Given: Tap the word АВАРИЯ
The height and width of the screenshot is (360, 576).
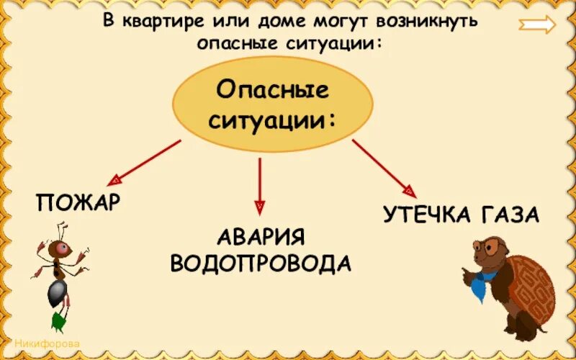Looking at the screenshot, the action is point(261,238).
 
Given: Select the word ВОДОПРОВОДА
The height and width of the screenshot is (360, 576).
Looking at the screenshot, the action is point(261,264).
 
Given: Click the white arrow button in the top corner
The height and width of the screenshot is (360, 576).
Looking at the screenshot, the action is point(537,25).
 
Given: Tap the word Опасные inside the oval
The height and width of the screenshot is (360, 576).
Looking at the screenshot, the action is point(272,91).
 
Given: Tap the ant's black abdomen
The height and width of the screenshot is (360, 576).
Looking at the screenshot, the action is point(55,291).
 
